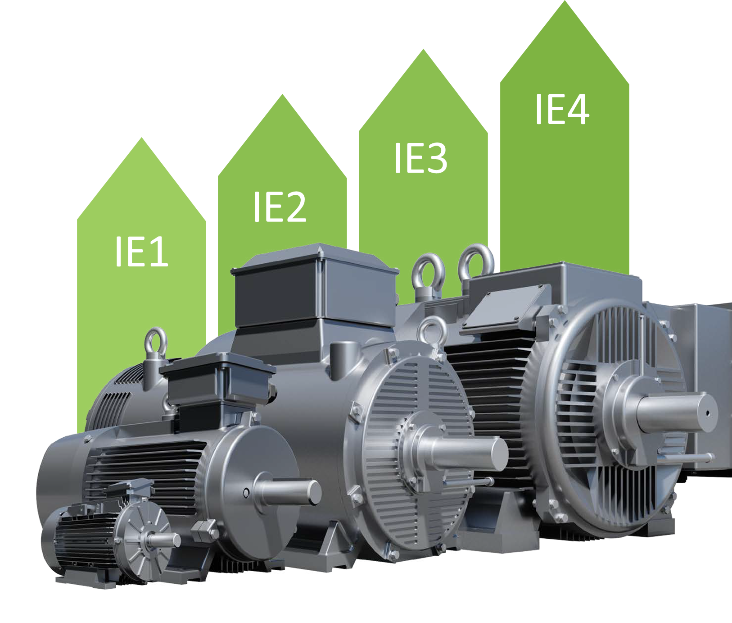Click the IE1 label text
[x=141, y=251]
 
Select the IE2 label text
[x=280, y=207]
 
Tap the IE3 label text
[x=420, y=158]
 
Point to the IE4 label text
[x=562, y=110]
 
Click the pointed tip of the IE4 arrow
[x=565, y=3]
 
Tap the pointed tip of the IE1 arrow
[x=142, y=139]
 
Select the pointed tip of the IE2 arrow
[x=282, y=96]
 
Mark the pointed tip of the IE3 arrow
[x=423, y=51]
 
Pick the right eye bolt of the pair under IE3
[x=476, y=262]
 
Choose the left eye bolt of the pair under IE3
[x=428, y=273]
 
